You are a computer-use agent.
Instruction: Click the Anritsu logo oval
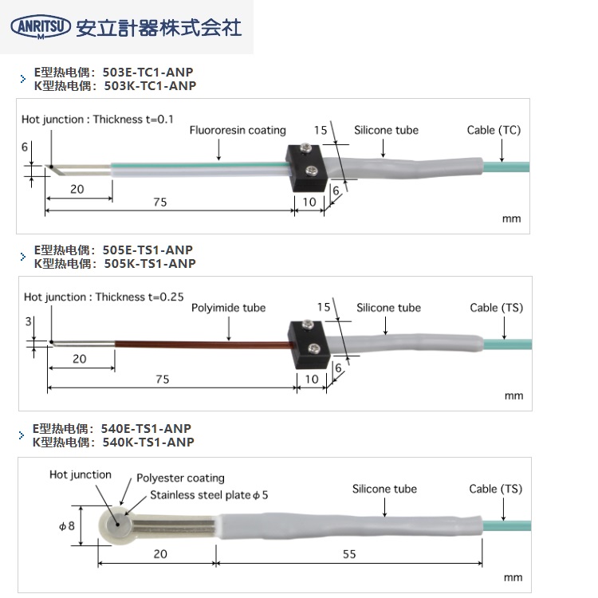(40, 27)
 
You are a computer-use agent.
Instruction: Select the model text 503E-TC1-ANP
(148, 73)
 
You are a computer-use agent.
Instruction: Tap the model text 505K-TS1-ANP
(148, 264)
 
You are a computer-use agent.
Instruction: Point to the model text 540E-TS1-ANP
(147, 429)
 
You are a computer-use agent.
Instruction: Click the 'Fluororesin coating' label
(238, 131)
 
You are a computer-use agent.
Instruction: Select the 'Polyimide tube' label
(229, 308)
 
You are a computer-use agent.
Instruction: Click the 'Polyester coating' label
(180, 478)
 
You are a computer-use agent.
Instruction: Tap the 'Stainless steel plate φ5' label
(210, 495)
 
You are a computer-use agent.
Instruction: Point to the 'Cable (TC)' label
(494, 130)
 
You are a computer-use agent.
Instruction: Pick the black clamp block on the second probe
(306, 340)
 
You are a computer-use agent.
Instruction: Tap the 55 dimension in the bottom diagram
(348, 555)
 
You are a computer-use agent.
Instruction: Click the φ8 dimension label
(66, 527)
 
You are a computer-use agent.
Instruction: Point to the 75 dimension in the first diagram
(160, 203)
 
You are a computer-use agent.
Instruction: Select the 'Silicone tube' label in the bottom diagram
(384, 489)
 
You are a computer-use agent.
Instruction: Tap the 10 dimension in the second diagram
(312, 380)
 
